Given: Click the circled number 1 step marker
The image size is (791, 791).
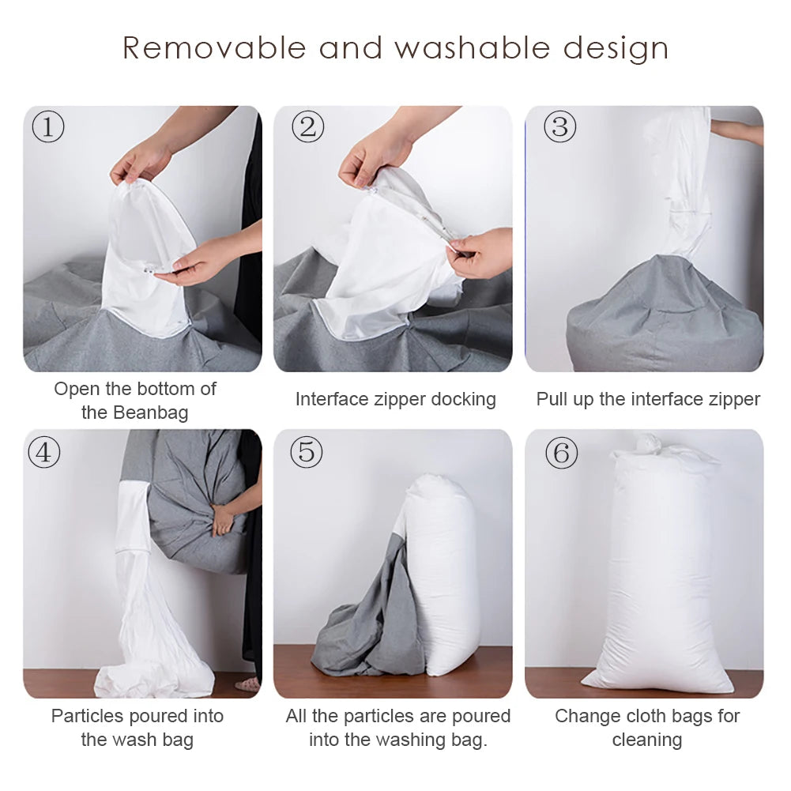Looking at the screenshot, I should point(47,126).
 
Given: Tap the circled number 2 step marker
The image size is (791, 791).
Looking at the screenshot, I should point(307,126).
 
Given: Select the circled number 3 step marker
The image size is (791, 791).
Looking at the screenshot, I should point(559,126).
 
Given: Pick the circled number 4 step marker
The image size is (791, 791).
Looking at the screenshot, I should point(43,452).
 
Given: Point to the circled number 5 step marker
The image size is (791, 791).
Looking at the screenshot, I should point(307,452).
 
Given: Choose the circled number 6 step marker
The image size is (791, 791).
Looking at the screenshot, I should point(561,453).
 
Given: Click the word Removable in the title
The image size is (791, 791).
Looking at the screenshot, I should point(213,48).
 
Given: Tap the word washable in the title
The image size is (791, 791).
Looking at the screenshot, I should point(472,48).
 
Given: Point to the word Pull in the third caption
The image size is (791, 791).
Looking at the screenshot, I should point(552,399).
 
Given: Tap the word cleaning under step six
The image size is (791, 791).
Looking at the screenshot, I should point(646,740).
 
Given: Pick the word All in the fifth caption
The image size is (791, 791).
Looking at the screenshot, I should point(296,716).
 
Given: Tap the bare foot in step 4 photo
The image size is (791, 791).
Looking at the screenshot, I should point(248,684).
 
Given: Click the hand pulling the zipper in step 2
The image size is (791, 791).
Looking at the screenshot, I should point(482,253).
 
